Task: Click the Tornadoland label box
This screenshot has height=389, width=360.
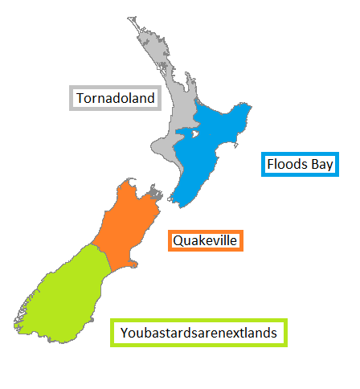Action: [x=116, y=98]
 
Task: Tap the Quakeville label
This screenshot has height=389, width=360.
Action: [x=205, y=240]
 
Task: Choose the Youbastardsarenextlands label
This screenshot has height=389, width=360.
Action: [x=198, y=332]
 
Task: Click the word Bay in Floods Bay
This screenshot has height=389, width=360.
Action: [x=319, y=165]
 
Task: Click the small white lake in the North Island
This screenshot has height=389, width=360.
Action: [x=194, y=134]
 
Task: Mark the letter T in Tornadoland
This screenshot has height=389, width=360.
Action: [x=80, y=98]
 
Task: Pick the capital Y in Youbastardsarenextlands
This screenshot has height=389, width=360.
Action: [x=124, y=332]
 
